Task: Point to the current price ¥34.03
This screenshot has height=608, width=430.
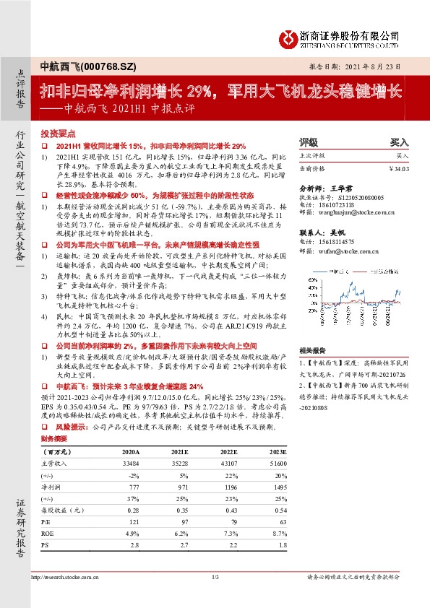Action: click(397, 168)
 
